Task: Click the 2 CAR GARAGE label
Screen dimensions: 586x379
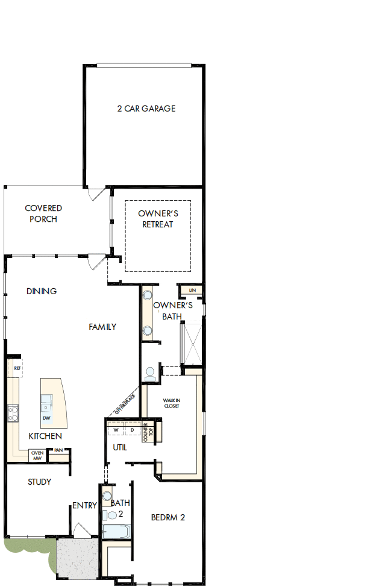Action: tap(146, 109)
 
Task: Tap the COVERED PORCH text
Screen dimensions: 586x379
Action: tap(43, 213)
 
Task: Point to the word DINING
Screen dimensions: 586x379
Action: tap(42, 291)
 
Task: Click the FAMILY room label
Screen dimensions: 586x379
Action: tap(102, 327)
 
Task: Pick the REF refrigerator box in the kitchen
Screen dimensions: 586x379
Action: tap(17, 368)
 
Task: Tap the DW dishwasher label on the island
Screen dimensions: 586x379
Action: tap(46, 418)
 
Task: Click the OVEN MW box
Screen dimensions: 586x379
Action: tap(37, 455)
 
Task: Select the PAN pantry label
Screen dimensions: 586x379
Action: tap(58, 450)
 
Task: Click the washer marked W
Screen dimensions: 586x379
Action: tap(116, 430)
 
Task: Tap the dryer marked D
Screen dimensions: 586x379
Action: tap(132, 430)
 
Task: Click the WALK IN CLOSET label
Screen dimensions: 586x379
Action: tap(172, 403)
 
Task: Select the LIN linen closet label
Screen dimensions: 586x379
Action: tap(192, 291)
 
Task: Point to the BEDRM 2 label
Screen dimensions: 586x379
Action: tap(168, 517)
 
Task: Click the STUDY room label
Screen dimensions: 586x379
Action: tap(40, 482)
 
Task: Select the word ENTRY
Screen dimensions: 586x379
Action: tap(84, 506)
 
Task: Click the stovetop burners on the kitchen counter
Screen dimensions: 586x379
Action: tap(12, 414)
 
